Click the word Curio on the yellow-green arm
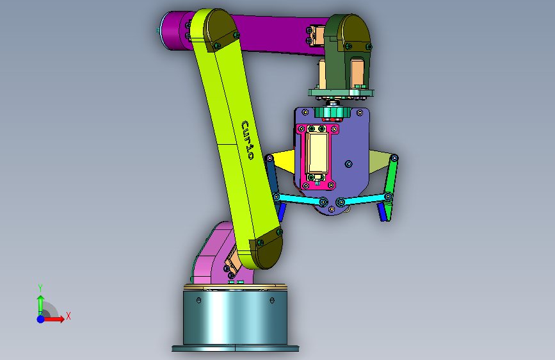[248, 140]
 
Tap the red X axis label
[68, 316]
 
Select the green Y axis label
[40, 288]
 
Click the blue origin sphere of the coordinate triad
[41, 319]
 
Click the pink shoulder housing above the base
[216, 255]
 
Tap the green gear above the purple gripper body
[332, 113]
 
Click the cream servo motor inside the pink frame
[317, 152]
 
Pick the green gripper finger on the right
[389, 188]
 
